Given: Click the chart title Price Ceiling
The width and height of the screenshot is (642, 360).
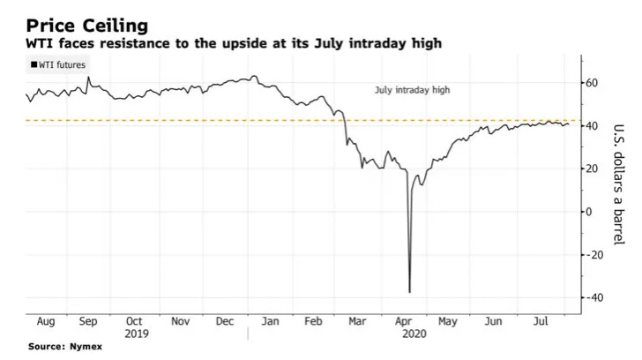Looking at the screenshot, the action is coord(86,26).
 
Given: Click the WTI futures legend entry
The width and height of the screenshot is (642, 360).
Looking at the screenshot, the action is coord(58,64).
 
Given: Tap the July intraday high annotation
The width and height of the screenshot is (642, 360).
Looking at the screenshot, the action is coord(413,90).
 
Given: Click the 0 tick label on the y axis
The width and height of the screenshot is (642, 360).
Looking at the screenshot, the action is coord(589,212).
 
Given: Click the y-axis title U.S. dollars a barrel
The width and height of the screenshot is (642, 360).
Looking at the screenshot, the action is coord(619,184).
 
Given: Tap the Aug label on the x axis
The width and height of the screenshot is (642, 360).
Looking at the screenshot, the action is coord(46,321).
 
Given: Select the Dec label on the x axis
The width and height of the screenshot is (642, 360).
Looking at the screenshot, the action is coord(225,321).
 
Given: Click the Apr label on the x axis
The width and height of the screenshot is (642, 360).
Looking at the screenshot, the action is coord(403,321).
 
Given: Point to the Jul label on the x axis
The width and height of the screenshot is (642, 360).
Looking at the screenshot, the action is coord(541,321).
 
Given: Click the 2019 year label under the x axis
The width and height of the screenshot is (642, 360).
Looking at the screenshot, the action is coord(137,334).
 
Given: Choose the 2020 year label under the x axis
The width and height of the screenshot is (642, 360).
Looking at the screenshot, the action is coord(414,334).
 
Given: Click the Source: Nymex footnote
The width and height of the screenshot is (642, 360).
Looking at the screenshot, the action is coord(65,347).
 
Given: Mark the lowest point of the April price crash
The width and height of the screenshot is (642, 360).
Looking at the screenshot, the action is coord(409,292).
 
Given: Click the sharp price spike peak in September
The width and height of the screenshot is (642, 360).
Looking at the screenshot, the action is coord(88,77).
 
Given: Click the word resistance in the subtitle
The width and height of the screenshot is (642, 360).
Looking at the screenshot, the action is coord(135,43).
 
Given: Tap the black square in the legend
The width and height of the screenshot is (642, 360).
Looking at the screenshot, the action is coord(34,64).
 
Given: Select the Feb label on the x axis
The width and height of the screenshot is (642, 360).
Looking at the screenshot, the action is coord(313,321).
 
